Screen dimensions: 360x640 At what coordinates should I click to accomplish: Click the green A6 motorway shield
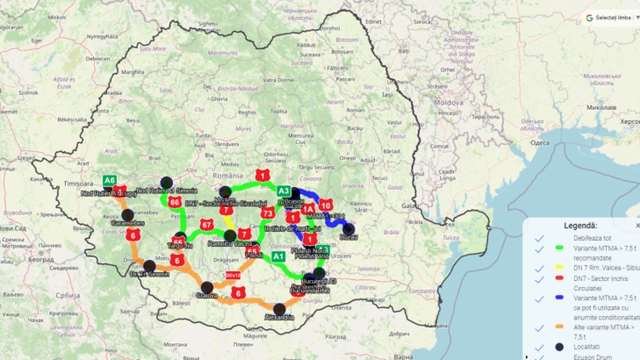click(x=110, y=180)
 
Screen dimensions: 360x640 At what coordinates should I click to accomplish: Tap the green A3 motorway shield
click(x=284, y=191)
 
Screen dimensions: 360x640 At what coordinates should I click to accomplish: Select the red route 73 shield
click(x=268, y=213)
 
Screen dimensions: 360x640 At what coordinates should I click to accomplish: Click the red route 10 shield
click(x=326, y=206)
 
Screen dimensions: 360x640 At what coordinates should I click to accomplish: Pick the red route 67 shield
click(x=206, y=225)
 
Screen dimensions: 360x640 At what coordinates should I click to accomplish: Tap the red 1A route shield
click(x=308, y=208)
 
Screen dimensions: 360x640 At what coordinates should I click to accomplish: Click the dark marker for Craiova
click(x=207, y=287)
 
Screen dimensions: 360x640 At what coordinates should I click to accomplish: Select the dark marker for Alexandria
click(x=279, y=309)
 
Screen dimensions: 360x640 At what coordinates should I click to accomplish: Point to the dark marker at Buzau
click(x=349, y=229)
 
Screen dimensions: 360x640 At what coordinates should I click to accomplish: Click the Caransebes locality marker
click(x=127, y=214)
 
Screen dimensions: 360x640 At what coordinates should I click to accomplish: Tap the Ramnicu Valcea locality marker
click(x=230, y=235)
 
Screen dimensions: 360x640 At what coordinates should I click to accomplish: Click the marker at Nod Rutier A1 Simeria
click(x=166, y=184)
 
